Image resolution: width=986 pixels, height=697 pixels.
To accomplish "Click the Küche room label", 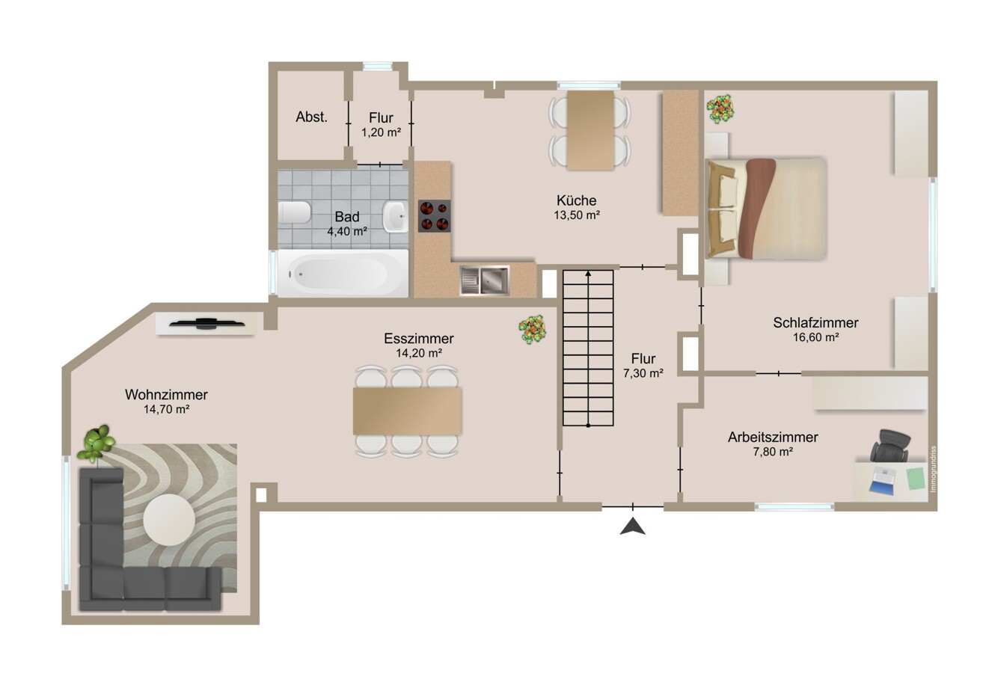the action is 576,200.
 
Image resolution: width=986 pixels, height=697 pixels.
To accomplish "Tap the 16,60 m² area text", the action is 815,337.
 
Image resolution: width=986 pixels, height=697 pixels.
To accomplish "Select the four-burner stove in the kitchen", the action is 434,216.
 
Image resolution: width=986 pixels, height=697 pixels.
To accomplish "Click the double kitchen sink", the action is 484,280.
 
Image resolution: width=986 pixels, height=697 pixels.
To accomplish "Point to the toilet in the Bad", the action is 295,212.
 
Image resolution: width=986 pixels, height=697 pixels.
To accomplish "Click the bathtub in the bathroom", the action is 343,273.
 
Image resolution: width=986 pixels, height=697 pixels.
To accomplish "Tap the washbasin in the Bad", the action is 394,216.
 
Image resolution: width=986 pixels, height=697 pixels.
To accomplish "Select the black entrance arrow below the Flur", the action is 633,526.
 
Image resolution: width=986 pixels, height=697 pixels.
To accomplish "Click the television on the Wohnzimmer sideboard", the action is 207,323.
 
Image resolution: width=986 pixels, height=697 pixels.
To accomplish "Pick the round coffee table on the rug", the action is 169,520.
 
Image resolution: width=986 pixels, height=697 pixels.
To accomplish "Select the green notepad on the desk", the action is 917,479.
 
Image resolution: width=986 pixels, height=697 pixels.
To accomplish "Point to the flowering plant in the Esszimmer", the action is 533,329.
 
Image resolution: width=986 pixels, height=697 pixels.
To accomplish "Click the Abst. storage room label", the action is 312,117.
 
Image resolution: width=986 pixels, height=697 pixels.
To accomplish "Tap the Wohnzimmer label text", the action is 166,395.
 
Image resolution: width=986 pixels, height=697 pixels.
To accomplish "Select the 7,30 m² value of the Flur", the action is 643,374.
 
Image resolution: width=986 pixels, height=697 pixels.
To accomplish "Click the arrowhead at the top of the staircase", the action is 588,274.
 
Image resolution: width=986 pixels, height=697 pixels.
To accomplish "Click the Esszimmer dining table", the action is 407,411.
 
